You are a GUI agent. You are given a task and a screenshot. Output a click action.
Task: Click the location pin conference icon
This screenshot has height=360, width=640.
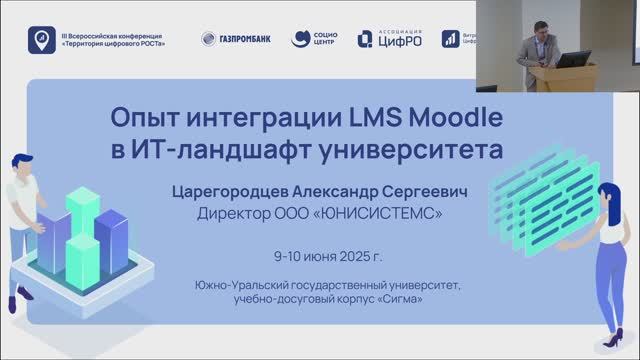pos(40,39)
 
